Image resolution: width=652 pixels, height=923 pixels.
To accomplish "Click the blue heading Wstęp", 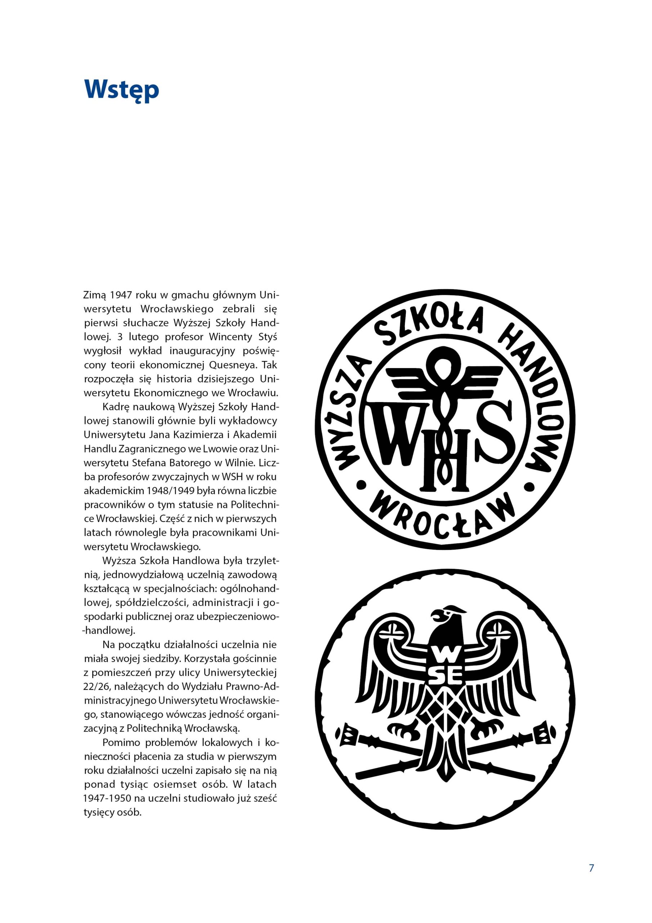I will [121, 91].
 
